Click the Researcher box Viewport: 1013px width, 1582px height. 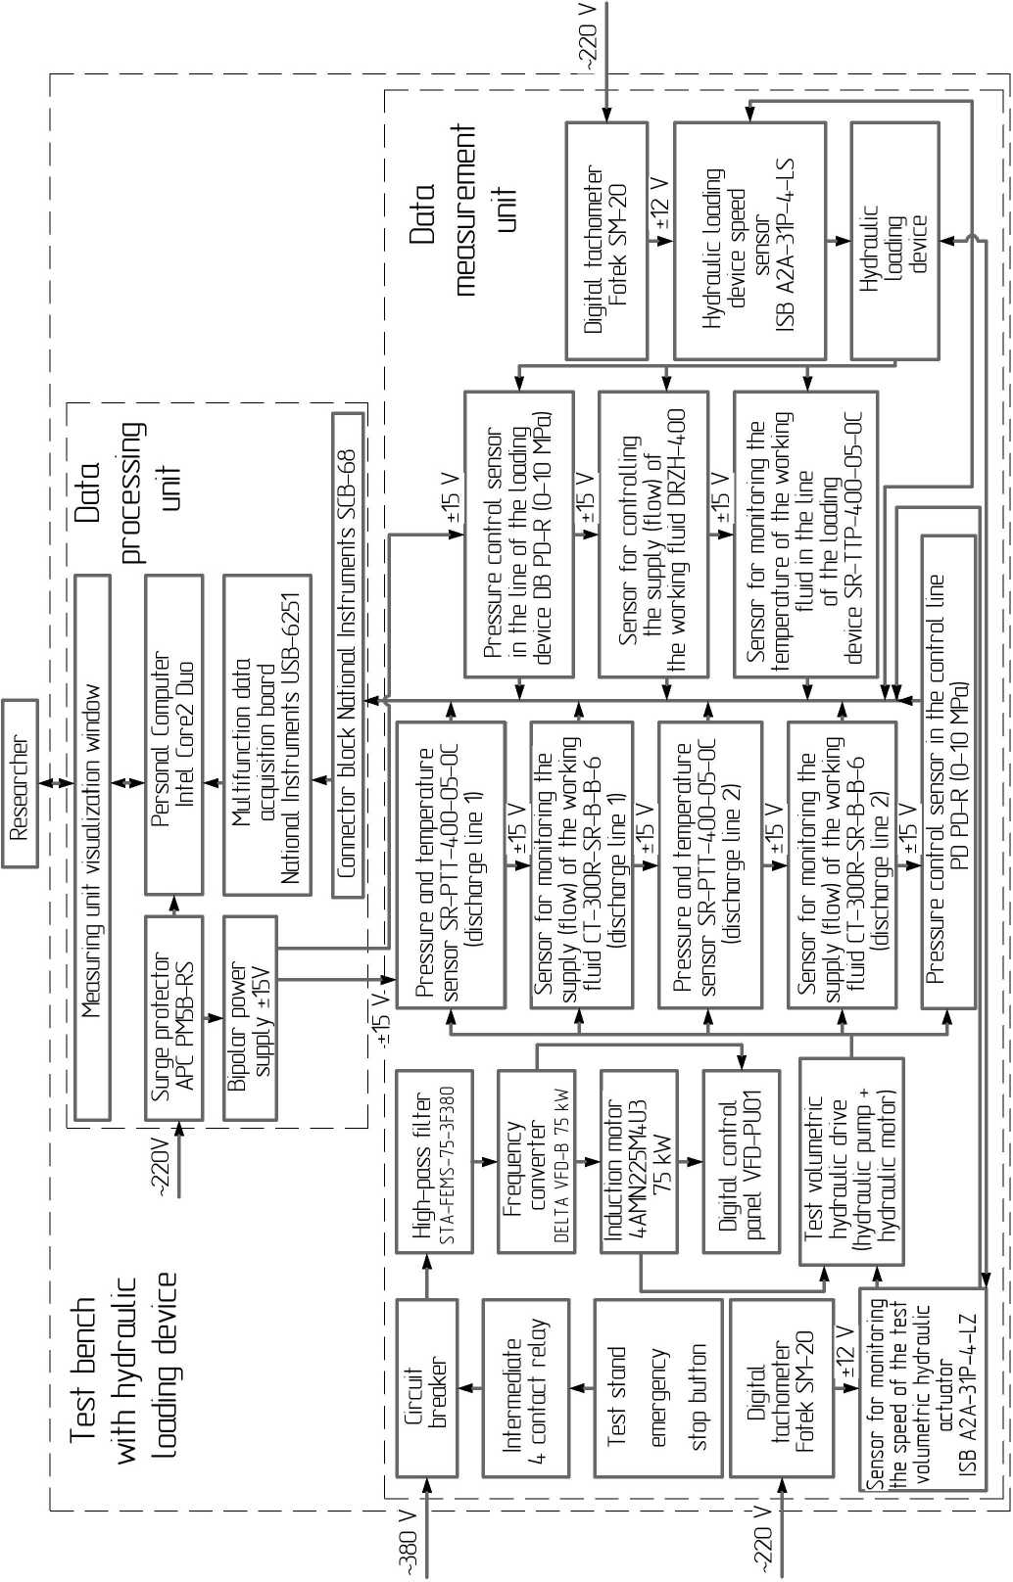coord(20,783)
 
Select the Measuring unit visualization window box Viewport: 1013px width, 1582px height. coord(92,847)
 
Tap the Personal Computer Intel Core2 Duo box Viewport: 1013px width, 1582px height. coord(173,734)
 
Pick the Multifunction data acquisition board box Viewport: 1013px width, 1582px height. coord(266,734)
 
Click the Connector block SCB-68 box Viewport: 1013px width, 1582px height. coord(347,655)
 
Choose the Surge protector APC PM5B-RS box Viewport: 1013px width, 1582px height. coord(173,1018)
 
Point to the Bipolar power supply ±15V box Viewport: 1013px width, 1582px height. coord(250,1018)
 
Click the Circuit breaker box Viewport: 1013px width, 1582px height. coord(426,1387)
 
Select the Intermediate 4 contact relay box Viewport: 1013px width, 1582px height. coord(525,1387)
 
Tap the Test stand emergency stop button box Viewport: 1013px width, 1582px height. coord(657,1387)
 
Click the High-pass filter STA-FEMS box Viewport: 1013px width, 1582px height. coord(434,1161)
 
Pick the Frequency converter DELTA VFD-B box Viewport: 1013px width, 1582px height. coord(535,1161)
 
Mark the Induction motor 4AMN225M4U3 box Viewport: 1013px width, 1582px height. coord(638,1161)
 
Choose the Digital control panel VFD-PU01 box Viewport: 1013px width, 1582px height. coord(741,1161)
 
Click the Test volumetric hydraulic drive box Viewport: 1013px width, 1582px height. coord(850,1161)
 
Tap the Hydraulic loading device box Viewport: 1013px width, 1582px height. coord(894,241)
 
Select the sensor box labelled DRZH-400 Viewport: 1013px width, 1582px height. coord(652,535)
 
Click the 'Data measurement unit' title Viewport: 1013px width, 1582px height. coord(464,210)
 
